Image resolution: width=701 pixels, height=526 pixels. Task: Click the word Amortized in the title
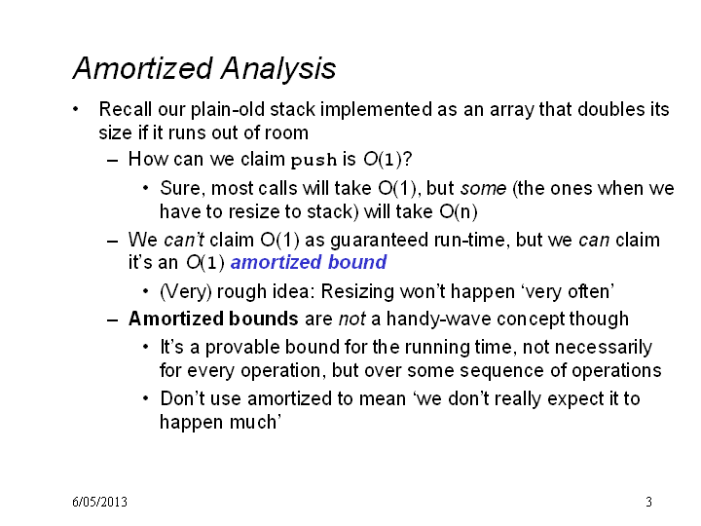(142, 68)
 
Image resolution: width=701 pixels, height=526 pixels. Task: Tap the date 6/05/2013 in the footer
(99, 502)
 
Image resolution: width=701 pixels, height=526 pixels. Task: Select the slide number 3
(648, 502)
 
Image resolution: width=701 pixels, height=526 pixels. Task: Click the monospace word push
(314, 160)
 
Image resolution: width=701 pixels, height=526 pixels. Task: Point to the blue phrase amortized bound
(309, 262)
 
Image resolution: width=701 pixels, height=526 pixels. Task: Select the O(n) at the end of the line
(459, 211)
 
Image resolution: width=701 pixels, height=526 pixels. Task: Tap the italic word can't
(184, 240)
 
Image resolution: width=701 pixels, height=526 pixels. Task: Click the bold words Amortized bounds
(213, 319)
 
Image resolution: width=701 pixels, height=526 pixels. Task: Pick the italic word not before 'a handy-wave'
(352, 319)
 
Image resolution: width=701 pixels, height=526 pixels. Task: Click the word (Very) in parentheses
(186, 292)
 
